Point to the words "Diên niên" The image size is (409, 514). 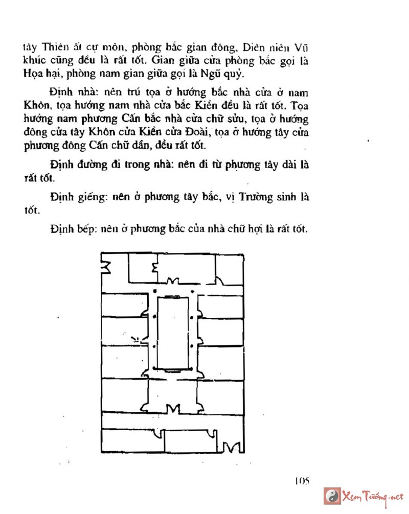[271, 48]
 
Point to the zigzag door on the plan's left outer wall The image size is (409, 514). [107, 266]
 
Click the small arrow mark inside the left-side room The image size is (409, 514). [136, 338]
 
